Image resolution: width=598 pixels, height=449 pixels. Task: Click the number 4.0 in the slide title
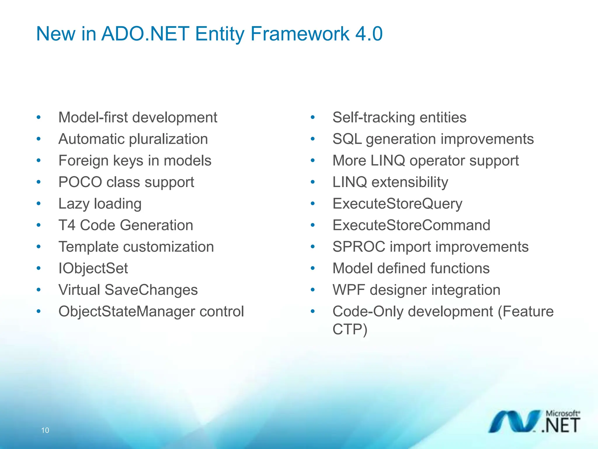[368, 34]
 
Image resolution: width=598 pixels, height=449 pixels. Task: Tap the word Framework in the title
[300, 34]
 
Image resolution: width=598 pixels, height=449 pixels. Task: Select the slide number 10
[45, 430]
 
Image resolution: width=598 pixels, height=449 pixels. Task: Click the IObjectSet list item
[93, 268]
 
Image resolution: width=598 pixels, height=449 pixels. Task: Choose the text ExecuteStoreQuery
[397, 204]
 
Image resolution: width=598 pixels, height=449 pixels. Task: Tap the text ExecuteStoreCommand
[411, 225]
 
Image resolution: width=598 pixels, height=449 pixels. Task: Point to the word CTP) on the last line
[350, 329]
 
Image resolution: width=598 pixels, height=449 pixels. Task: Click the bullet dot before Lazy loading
[39, 203]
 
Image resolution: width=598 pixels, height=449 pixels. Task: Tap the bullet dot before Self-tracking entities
[313, 118]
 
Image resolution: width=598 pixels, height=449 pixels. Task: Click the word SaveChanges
[151, 290]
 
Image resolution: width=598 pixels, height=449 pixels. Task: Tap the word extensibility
[409, 182]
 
